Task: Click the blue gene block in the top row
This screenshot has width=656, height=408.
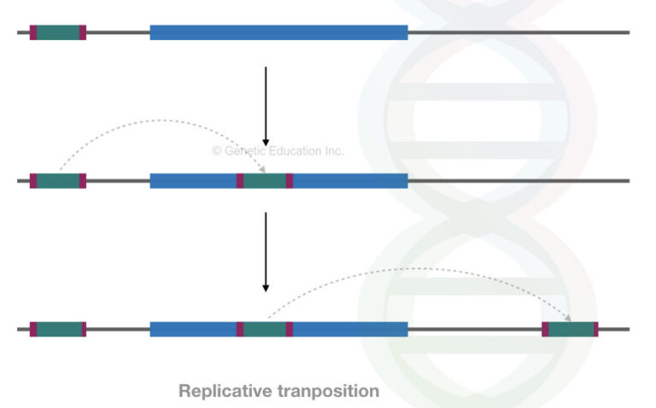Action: [278, 32]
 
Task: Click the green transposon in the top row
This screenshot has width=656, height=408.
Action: [58, 32]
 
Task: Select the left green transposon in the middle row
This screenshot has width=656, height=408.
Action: [58, 181]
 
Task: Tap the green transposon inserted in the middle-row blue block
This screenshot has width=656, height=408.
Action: [265, 181]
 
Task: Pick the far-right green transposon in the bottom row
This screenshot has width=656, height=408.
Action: [570, 329]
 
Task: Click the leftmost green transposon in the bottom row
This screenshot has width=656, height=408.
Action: [58, 329]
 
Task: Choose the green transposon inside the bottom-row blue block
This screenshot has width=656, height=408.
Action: [265, 329]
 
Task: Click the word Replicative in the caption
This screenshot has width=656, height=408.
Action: [225, 392]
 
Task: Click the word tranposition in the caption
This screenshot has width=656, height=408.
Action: [328, 392]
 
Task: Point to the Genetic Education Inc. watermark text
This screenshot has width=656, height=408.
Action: [278, 151]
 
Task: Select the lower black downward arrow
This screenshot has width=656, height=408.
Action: [266, 251]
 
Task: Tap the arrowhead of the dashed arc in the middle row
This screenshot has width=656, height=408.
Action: [261, 171]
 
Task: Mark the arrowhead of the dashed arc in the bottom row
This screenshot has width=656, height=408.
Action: [567, 318]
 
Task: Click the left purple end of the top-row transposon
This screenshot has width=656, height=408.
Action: [33, 32]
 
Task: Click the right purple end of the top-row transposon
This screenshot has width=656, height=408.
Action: [83, 32]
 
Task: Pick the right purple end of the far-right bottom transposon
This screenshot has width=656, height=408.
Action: [595, 329]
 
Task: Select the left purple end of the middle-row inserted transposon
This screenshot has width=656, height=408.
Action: [240, 181]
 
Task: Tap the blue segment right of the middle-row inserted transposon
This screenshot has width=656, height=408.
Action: [350, 181]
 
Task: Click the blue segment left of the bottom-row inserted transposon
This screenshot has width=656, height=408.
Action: [193, 329]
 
